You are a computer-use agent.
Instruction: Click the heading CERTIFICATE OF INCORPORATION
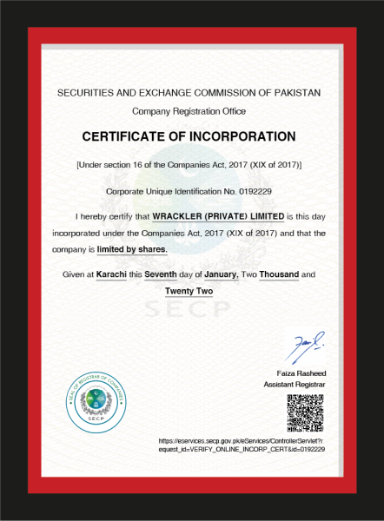(x=189, y=136)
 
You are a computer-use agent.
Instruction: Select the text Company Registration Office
(x=189, y=111)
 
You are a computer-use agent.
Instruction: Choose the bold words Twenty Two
(x=189, y=291)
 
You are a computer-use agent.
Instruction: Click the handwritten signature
(x=307, y=347)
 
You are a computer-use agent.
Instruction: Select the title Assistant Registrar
(x=296, y=383)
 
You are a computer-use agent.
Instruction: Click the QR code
(x=306, y=412)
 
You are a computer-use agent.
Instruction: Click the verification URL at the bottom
(x=242, y=445)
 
